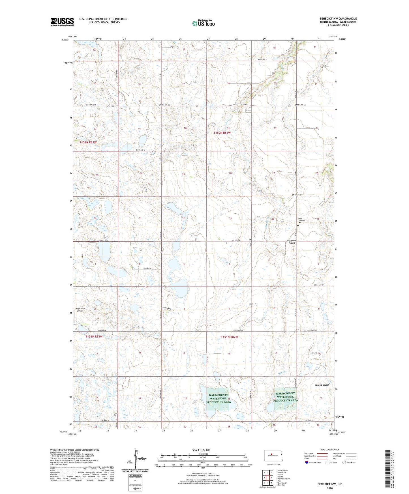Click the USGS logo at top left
click(x=62, y=22)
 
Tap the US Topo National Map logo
click(x=203, y=23)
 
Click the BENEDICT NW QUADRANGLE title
click(x=338, y=19)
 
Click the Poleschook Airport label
click(x=80, y=310)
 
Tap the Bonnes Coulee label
click(x=322, y=385)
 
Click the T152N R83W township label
click(x=88, y=142)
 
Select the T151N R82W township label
click(x=229, y=337)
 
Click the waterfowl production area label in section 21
click(x=218, y=398)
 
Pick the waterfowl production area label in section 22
click(x=285, y=397)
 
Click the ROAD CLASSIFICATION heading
click(x=330, y=450)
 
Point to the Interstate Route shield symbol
click(x=307, y=462)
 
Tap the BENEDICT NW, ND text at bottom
click(x=330, y=484)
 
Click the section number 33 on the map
click(x=230, y=218)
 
